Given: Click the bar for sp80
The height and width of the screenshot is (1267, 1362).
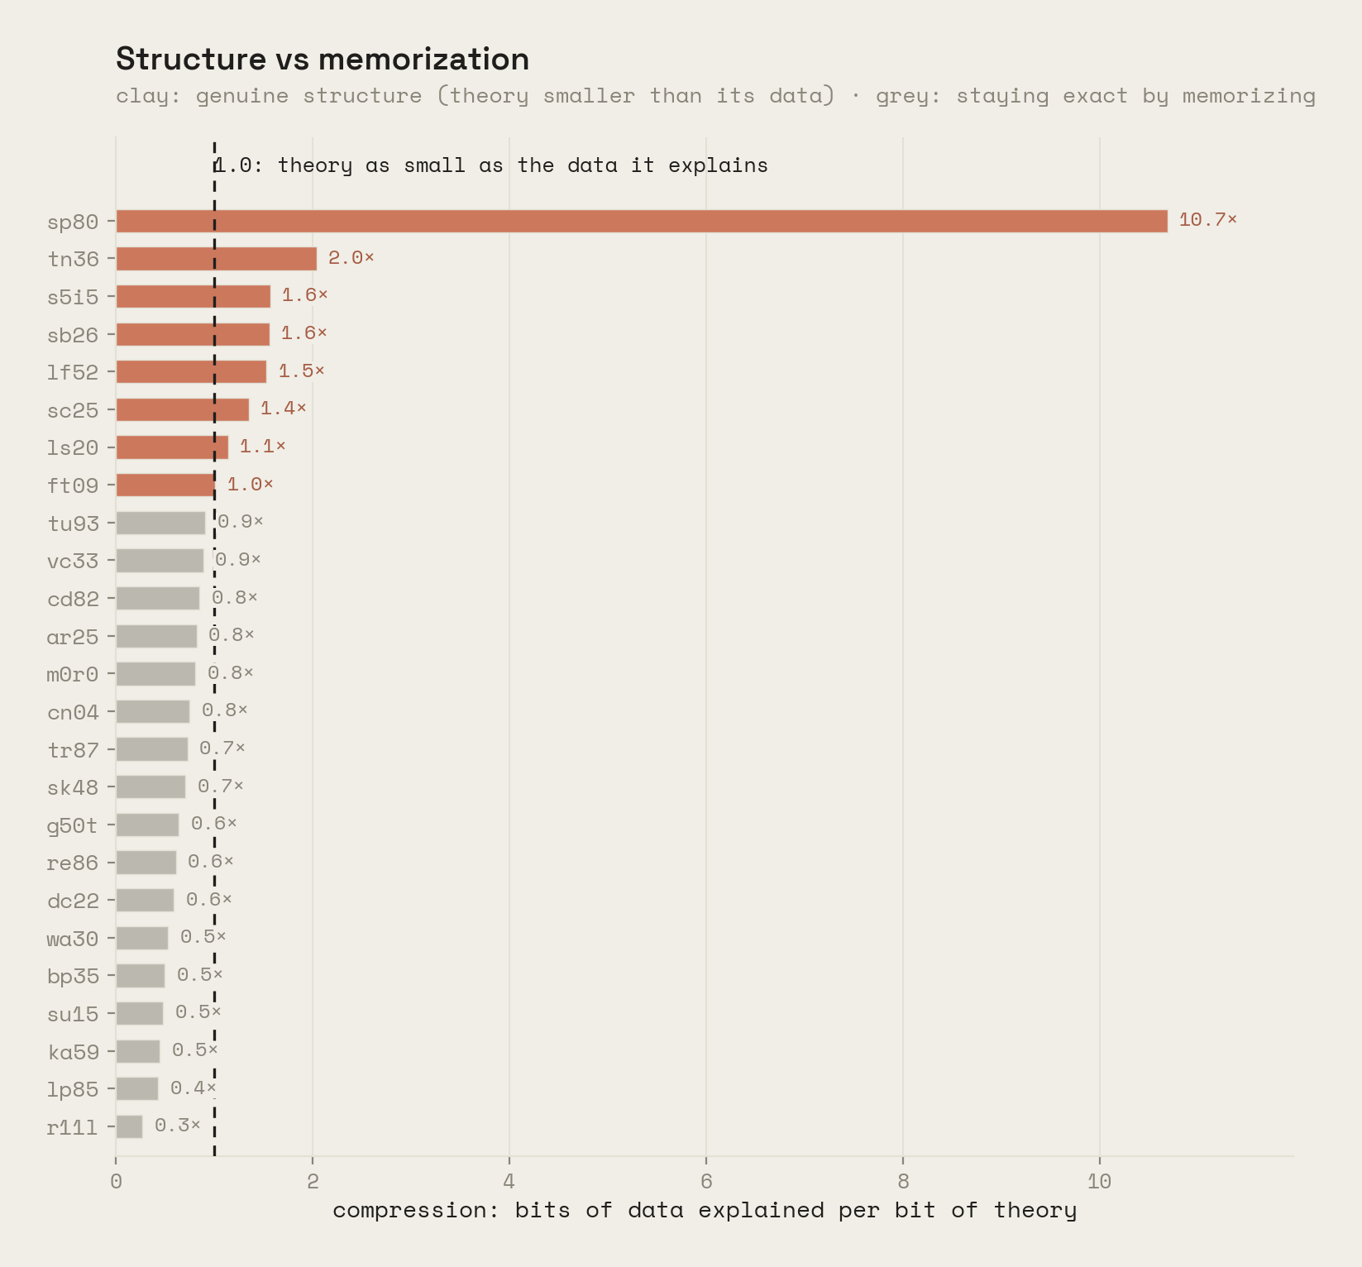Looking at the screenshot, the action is [x=642, y=221].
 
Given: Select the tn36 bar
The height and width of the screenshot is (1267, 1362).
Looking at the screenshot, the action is [x=216, y=259].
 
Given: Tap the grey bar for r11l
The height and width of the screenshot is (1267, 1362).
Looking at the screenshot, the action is [x=129, y=1126].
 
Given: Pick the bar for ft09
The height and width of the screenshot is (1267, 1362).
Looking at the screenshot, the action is [x=165, y=485].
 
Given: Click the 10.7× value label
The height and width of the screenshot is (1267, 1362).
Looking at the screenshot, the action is [x=1207, y=220].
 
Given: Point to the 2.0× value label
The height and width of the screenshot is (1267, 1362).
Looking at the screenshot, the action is [x=351, y=258].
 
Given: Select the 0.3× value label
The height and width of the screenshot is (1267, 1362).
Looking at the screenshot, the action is [x=177, y=1126].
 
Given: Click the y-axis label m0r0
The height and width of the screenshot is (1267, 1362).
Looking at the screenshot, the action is [x=73, y=674].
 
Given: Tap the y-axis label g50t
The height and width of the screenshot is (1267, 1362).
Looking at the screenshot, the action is [x=73, y=825].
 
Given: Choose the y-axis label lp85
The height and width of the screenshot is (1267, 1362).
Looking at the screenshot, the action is [x=73, y=1089].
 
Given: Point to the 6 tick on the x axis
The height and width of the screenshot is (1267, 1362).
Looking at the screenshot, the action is [x=706, y=1181].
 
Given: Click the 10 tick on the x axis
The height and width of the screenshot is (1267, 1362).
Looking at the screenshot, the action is [x=1100, y=1181].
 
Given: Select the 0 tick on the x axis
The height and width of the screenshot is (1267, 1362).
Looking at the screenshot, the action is [x=116, y=1181].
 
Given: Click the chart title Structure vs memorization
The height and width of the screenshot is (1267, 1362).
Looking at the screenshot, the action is [x=323, y=60].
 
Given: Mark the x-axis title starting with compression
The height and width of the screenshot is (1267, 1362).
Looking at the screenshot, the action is [x=705, y=1211].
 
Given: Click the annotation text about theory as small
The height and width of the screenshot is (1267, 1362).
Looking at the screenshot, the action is [x=491, y=165].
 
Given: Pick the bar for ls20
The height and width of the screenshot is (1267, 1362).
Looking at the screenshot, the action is [x=172, y=447].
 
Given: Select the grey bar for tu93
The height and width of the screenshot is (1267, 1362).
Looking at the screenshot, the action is [x=160, y=523].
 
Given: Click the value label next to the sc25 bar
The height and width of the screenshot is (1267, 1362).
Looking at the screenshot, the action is [x=283, y=409].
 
